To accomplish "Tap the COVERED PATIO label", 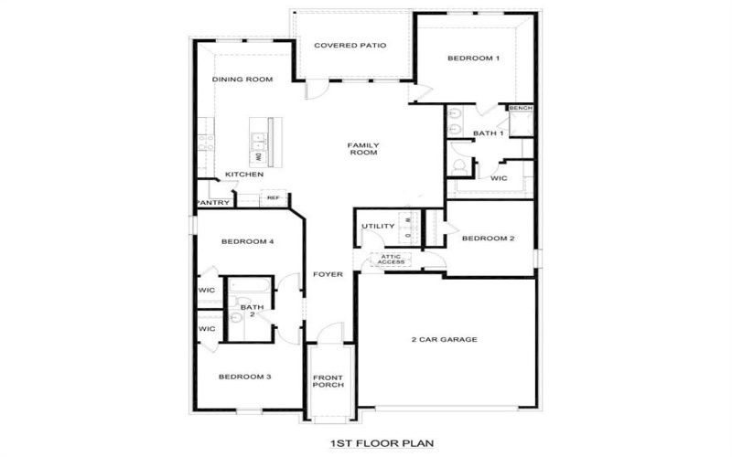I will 350,45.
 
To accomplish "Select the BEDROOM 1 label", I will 473,58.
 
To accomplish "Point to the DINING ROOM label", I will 242,80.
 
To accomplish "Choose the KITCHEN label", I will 244,175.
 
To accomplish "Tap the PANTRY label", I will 211,203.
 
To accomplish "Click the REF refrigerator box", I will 273,197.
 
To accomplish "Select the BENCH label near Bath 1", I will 521,108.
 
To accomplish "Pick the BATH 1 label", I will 488,133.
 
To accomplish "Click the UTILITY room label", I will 377,226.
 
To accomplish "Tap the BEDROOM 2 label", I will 488,239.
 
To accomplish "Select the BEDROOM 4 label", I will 248,241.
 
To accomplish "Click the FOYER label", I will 328,274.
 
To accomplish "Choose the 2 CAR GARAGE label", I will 444,339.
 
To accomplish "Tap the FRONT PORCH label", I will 328,381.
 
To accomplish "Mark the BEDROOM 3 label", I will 243,376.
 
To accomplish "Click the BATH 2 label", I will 247,311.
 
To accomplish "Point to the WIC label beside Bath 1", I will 499,178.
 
